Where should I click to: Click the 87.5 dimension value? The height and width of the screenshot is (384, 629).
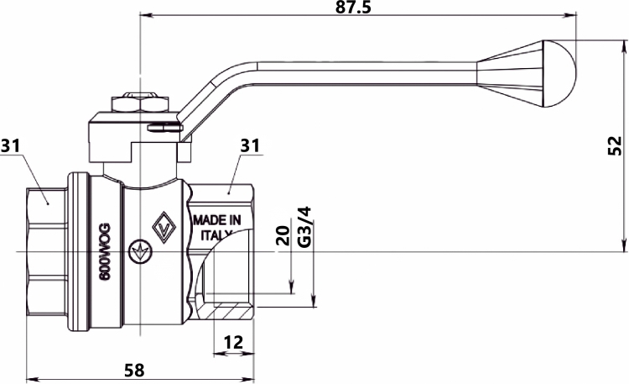click(x=353, y=8)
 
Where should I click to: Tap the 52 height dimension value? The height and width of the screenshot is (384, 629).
click(x=614, y=146)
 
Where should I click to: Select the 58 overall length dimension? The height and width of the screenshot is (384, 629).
click(x=134, y=371)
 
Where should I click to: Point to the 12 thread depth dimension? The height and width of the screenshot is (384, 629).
click(x=233, y=343)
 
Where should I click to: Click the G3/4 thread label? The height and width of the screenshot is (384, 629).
click(x=304, y=228)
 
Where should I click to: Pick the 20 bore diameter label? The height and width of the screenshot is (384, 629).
click(x=283, y=235)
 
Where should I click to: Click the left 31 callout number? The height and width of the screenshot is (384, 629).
click(x=10, y=145)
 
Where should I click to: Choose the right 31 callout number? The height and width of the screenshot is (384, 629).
click(x=250, y=145)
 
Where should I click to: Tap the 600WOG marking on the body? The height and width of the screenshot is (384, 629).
click(x=105, y=252)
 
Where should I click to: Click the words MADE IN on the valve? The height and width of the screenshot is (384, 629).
click(x=217, y=220)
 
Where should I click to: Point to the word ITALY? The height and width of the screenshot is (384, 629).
click(x=216, y=234)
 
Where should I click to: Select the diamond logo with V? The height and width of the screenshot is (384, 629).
click(x=164, y=227)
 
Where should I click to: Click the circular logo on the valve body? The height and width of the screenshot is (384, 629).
click(x=140, y=252)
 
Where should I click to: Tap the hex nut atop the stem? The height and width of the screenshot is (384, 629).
click(x=140, y=103)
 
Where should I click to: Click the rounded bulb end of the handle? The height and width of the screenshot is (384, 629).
click(x=559, y=74)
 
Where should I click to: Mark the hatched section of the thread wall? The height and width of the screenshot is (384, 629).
click(x=229, y=313)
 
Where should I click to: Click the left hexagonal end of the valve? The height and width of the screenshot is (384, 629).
click(x=46, y=252)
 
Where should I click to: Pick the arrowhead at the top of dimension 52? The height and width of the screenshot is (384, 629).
click(x=624, y=46)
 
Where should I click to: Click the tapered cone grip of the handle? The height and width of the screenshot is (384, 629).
click(x=510, y=74)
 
